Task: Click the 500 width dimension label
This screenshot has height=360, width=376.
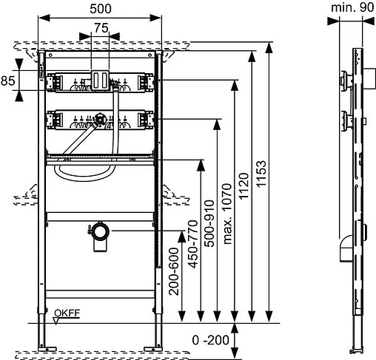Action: (x=101, y=9)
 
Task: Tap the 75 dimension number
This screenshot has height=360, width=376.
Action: (x=101, y=28)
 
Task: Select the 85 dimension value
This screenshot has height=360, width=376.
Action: (x=7, y=81)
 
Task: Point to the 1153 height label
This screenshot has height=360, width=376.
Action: (x=261, y=174)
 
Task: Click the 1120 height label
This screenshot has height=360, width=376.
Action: (x=244, y=186)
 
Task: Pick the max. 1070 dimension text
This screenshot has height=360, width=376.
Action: (x=227, y=214)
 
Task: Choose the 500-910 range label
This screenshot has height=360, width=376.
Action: (x=210, y=223)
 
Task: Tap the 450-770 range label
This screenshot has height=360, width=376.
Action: (x=193, y=244)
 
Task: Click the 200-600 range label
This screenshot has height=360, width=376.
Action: (x=174, y=271)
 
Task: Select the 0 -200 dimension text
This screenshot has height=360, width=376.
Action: (x=211, y=340)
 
